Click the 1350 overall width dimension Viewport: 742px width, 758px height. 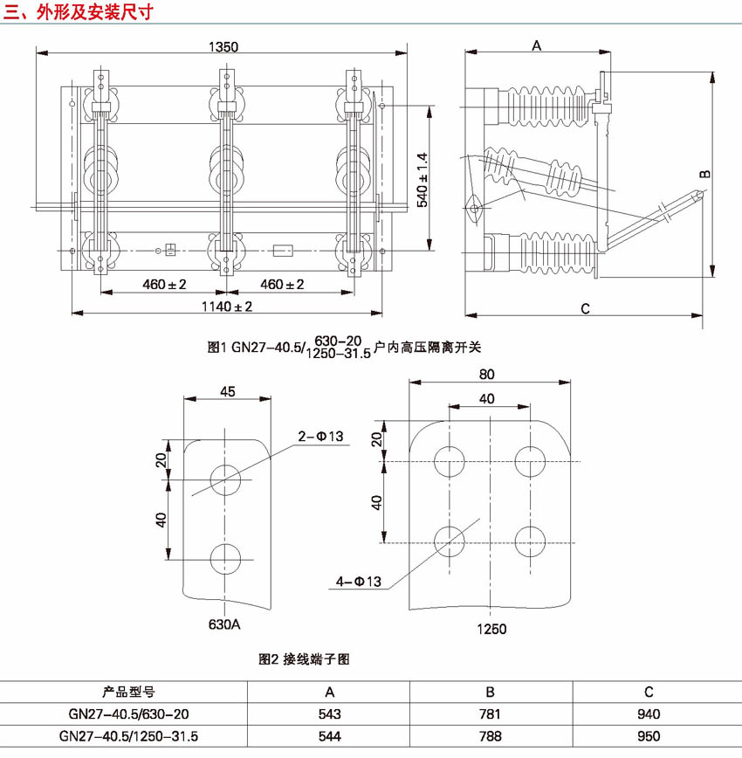[223, 47]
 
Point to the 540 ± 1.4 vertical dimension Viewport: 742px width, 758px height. [422, 180]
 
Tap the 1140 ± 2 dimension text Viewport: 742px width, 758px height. [227, 307]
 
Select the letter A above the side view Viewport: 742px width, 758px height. [537, 45]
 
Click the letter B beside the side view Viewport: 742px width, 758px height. [705, 174]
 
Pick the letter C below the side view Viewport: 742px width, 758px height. [585, 308]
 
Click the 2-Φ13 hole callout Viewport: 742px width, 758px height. [320, 437]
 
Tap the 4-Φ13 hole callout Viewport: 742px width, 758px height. [358, 581]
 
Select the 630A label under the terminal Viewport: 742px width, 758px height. [224, 624]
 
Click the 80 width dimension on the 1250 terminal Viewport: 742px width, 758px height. [487, 374]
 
